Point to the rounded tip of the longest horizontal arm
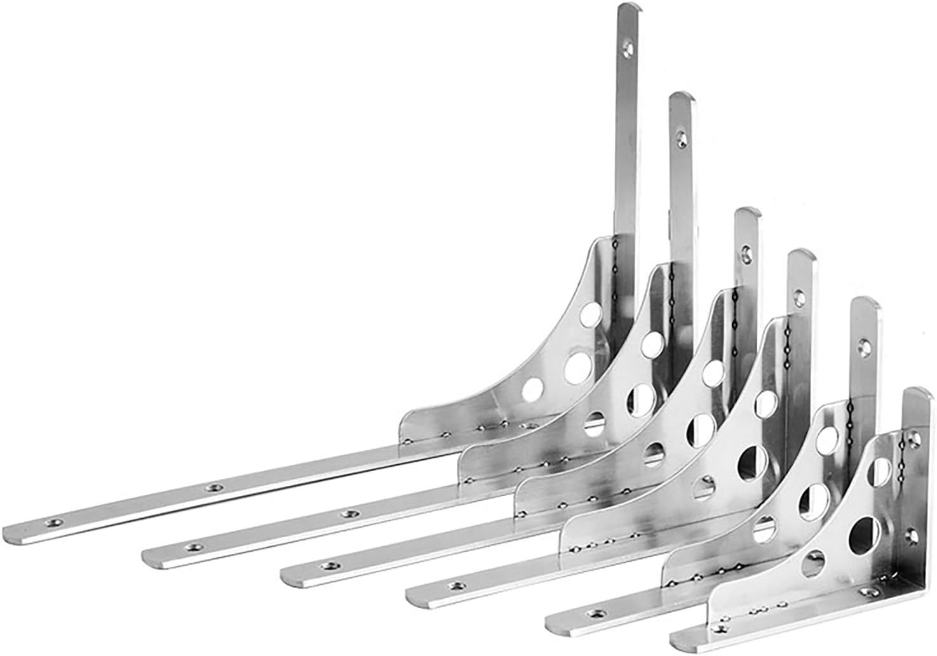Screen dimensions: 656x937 click(13, 531)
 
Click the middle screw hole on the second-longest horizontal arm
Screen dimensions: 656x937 click(346, 513)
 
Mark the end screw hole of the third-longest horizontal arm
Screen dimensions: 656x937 click(331, 561)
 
